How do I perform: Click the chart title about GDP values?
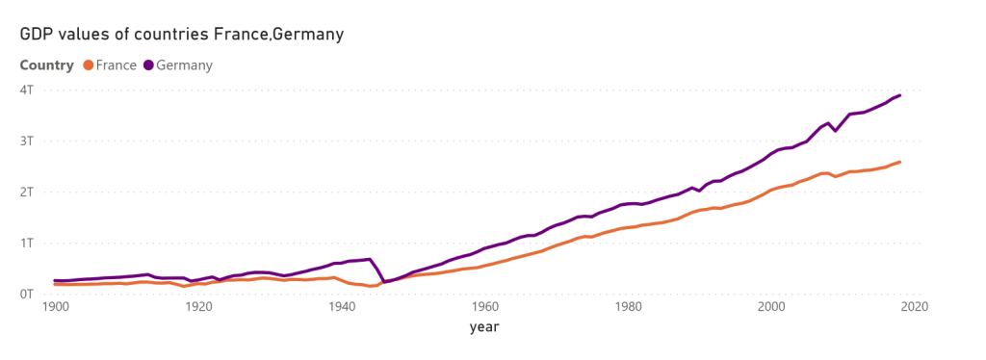tap(182, 34)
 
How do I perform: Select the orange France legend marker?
tap(88, 64)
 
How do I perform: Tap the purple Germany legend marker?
tap(148, 64)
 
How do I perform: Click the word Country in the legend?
tap(46, 65)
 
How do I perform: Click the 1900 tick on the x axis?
tap(56, 307)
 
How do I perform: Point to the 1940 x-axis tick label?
tap(342, 307)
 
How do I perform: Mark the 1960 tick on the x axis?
tap(485, 307)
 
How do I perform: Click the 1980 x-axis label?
tap(629, 307)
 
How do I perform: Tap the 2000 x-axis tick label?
tap(771, 307)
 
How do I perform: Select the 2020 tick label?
tap(915, 307)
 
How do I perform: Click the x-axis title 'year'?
tap(485, 327)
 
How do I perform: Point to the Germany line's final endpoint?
tap(900, 95)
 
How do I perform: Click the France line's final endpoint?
tap(900, 162)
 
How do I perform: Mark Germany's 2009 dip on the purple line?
tap(836, 131)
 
